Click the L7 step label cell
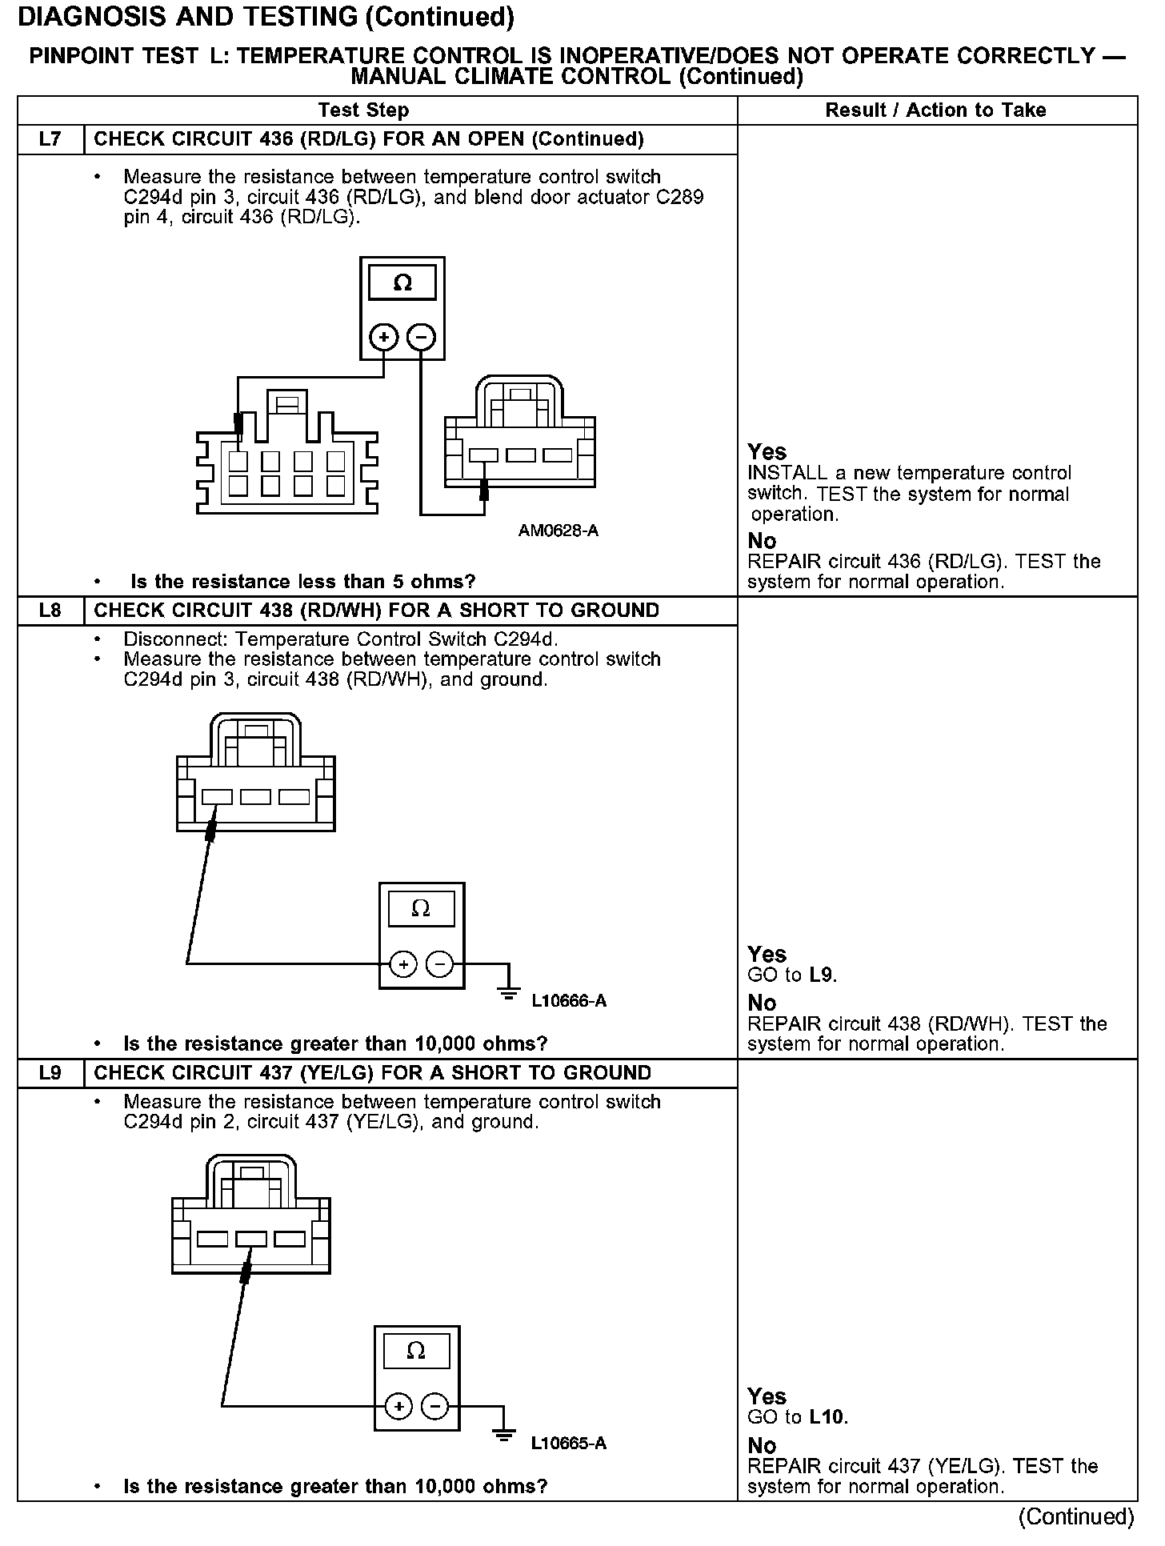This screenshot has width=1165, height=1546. coord(50,139)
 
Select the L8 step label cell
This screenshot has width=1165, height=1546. coord(50,611)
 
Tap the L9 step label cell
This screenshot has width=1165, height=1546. coord(50,1073)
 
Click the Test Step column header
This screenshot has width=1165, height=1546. coord(363,110)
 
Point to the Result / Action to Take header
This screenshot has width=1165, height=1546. coord(935,110)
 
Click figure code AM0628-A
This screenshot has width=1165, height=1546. coord(558,531)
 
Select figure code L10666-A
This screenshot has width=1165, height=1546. coord(569,1001)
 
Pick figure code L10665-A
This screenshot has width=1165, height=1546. coord(569,1444)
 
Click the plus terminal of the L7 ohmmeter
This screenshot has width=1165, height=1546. coord(384,337)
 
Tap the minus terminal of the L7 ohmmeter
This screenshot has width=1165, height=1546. coord(422,337)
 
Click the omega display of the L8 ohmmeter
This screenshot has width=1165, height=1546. coord(421,909)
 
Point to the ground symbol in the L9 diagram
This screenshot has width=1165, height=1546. coord(504,1434)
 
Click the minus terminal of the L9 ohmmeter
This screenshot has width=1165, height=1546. coord(434,1406)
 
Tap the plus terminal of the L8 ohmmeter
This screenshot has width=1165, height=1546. coord(403,964)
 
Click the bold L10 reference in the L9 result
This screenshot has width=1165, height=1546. coord(827,1417)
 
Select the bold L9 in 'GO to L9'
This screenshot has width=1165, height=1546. coord(822,975)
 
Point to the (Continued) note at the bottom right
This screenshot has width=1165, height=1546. coord(1076,1516)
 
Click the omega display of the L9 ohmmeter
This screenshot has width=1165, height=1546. coord(416,1352)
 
